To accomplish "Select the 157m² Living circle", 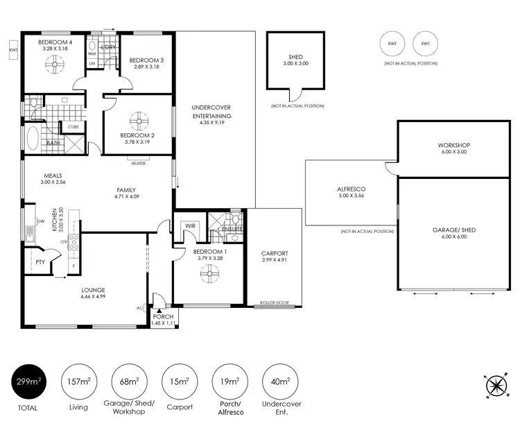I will coord(78,382).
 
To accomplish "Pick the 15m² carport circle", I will coord(180,382).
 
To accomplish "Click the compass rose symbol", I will coord(496,386).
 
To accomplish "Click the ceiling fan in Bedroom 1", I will coord(209,273).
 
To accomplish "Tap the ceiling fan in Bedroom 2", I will coord(137,117).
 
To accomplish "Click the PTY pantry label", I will coord(39,262).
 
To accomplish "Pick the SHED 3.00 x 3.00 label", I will coord(295,60).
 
